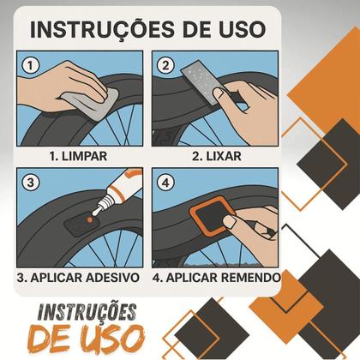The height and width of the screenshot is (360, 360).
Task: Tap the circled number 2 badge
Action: click(165, 64)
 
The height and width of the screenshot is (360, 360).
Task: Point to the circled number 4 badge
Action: click(165, 182)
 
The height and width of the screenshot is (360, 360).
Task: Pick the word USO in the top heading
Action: click(238, 28)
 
